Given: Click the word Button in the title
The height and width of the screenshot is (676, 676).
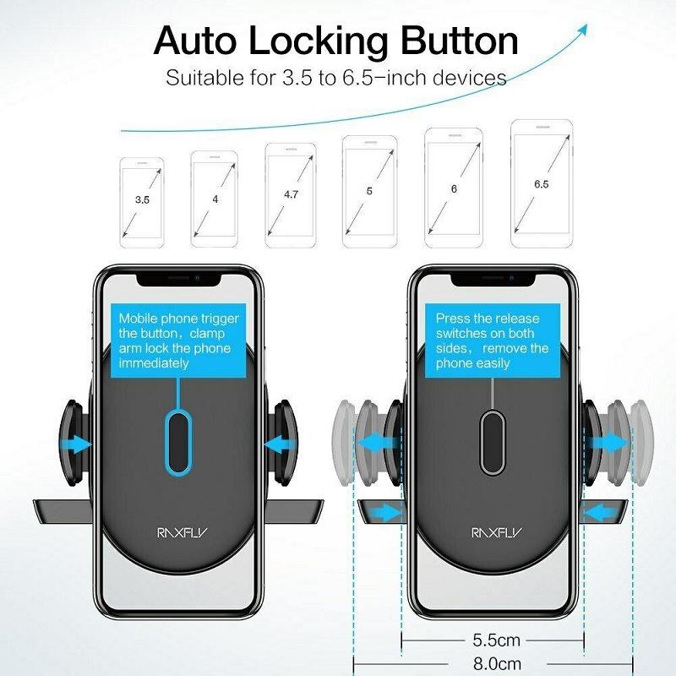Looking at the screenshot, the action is tap(459, 41).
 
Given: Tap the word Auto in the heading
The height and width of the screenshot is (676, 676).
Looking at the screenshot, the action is tap(195, 41).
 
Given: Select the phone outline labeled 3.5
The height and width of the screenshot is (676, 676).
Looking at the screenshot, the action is tap(142, 203).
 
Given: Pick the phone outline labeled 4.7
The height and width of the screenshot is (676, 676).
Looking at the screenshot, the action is tap(291, 195).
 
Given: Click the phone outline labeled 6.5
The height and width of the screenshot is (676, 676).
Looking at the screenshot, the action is tap(542, 183).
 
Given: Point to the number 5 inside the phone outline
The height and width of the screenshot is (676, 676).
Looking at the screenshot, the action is tap(369, 191).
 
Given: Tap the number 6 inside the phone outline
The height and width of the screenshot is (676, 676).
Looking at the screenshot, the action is tap(454, 188).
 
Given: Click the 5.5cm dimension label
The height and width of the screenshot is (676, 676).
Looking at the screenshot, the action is tap(496, 641).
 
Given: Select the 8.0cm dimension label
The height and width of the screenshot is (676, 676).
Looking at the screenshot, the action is tap(497, 663).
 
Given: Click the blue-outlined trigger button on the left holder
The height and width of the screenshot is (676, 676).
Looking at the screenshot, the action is tap(178, 443).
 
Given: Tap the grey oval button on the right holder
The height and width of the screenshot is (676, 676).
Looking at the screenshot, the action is tap(493, 443).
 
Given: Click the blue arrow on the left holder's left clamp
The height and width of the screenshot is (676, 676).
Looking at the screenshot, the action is tap(76, 444).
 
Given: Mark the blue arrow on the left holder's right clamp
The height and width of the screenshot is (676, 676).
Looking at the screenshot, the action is tap(280, 444).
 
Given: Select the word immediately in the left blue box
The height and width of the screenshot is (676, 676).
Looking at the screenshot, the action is tap(154, 363).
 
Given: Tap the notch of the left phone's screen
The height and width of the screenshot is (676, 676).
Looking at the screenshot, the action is tap(179, 280).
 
